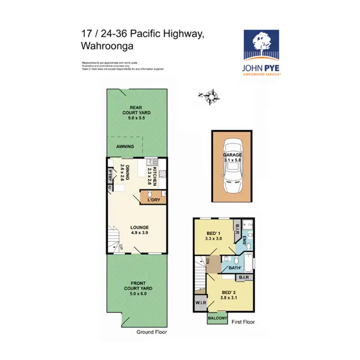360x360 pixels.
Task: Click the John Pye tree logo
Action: pos(262,47)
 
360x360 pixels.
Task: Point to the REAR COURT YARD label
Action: pos(136,112)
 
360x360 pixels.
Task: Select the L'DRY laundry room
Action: pos(153,199)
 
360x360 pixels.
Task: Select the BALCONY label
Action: pos(217,319)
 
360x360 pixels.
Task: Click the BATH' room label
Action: pos(235,268)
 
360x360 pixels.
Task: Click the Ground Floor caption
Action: pos(151,332)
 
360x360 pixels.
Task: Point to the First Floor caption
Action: pos(243,323)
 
